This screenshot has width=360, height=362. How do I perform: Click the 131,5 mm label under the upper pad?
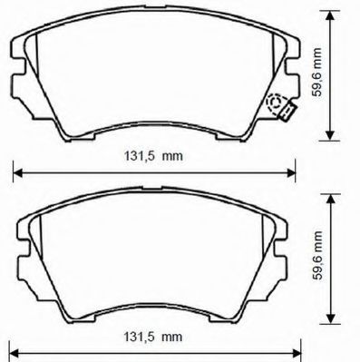tap(152, 155)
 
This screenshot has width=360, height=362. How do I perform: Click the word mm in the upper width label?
tap(172, 155)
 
